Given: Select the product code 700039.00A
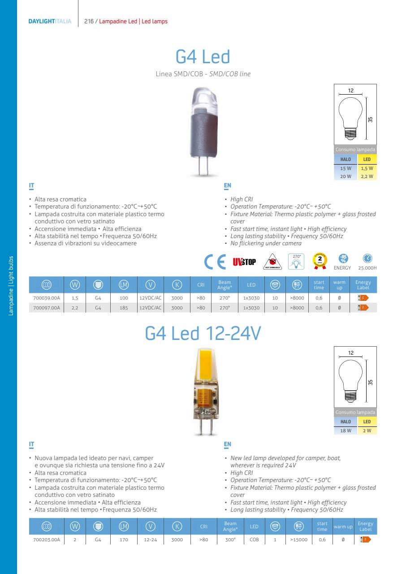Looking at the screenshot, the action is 47,298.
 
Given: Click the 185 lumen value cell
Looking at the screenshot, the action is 124,308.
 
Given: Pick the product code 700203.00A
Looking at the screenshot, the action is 47,540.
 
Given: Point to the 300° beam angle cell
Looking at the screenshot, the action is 230,540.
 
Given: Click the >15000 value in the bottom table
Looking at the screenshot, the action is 299,540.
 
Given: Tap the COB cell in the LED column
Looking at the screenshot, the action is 254,540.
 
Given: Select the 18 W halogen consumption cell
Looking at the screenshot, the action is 346,430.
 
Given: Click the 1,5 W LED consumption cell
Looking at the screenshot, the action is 367,169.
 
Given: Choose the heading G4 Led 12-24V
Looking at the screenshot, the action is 203,334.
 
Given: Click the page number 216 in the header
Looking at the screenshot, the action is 89,21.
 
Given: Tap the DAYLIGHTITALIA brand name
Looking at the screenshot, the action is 49,21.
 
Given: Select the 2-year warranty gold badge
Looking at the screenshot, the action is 320,260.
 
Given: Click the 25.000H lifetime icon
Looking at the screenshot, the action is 367,259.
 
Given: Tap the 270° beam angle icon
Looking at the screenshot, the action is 296,261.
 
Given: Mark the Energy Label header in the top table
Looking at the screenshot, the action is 363,285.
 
